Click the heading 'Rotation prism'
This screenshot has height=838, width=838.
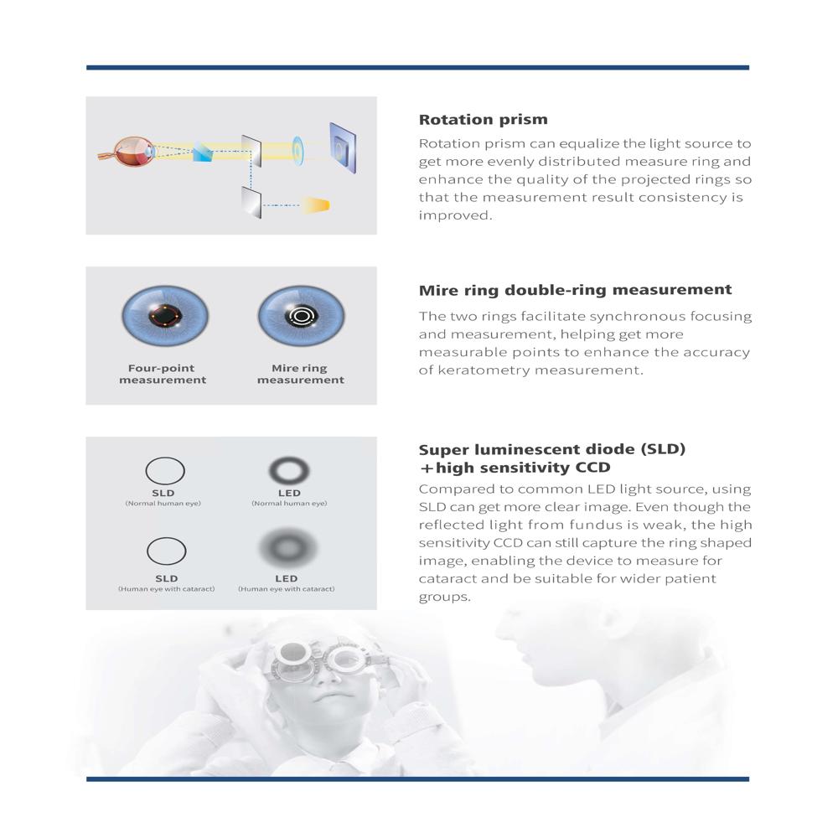click(x=483, y=120)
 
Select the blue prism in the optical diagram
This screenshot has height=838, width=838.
click(x=204, y=153)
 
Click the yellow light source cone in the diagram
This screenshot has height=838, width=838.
click(x=316, y=204)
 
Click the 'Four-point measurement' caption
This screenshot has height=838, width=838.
click(x=163, y=374)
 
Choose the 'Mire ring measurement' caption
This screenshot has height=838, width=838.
click(x=300, y=374)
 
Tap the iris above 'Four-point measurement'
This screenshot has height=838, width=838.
click(x=165, y=318)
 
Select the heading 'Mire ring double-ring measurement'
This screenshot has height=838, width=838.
click(x=575, y=290)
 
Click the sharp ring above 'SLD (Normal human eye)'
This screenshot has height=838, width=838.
click(x=165, y=470)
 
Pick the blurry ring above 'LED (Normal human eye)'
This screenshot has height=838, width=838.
click(x=289, y=470)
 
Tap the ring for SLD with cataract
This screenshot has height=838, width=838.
click(x=165, y=551)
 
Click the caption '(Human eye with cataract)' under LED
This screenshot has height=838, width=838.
click(x=287, y=589)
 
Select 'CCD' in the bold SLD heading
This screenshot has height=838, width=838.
click(x=592, y=468)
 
